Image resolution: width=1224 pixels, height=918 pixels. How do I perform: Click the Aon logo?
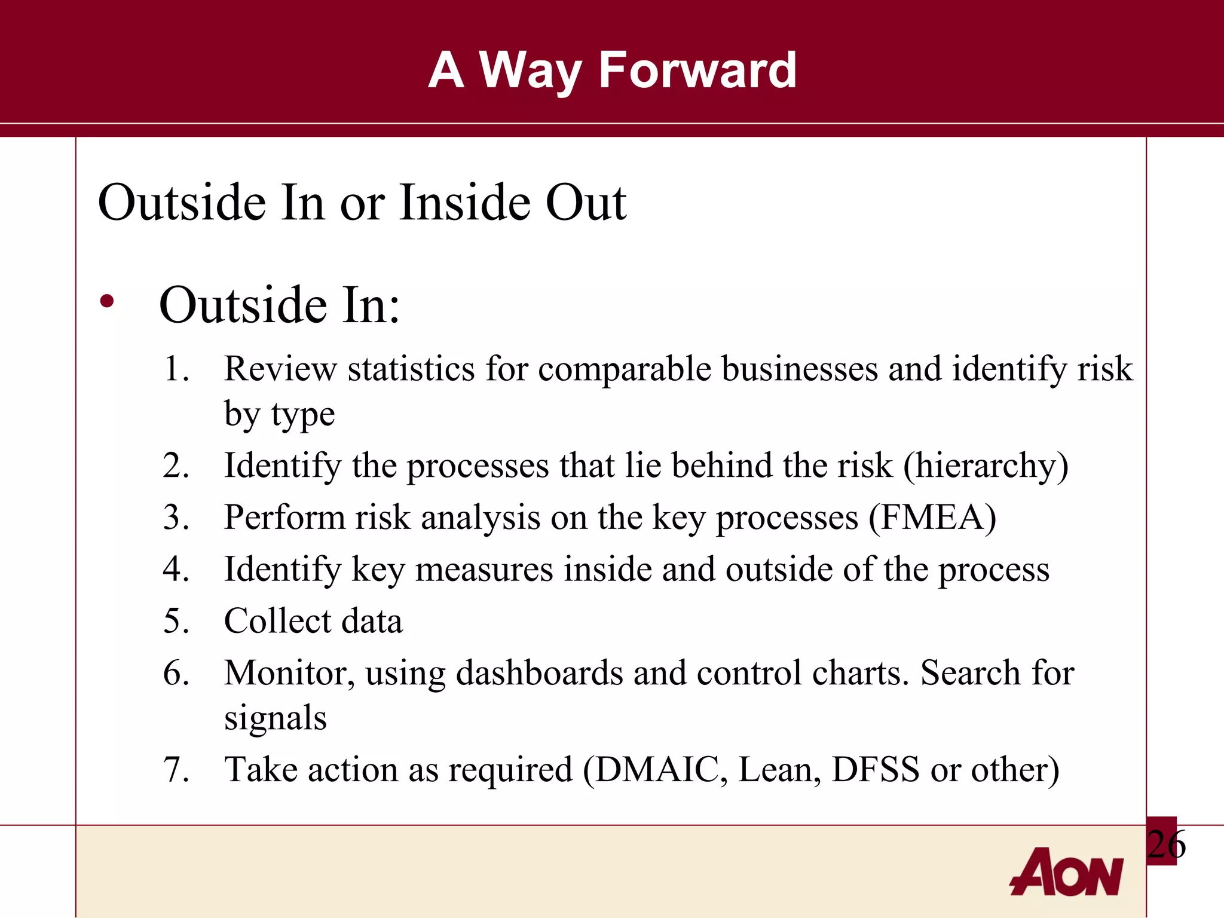(1066, 873)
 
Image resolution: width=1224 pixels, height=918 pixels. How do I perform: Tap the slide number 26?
(1165, 844)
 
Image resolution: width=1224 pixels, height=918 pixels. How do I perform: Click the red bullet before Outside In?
(107, 302)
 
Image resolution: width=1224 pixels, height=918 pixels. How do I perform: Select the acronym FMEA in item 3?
(932, 517)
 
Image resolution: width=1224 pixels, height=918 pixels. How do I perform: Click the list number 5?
(176, 621)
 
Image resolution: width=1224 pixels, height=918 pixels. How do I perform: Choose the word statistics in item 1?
(411, 369)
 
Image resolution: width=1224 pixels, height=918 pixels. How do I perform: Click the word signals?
(275, 718)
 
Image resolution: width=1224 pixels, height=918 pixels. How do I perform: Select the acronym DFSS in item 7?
(875, 769)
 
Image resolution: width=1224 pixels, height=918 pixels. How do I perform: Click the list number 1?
(176, 369)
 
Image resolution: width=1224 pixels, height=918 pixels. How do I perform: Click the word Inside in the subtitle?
(464, 202)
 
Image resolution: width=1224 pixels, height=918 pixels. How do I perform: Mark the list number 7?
(176, 769)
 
